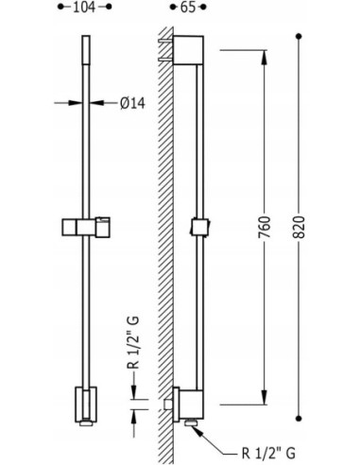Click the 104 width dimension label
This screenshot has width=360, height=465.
click(84, 7)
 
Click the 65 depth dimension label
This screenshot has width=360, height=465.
click(188, 7)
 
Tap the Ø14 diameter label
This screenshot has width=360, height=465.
click(132, 103)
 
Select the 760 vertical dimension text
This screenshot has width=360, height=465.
click(264, 227)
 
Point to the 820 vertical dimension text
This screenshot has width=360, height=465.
click(299, 227)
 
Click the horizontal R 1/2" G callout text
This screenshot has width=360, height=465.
click(268, 454)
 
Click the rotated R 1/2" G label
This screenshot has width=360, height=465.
click(134, 342)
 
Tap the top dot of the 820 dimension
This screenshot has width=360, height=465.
click(299, 37)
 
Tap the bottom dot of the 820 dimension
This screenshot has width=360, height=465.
click(299, 419)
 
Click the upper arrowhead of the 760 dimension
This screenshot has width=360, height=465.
click(264, 58)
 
